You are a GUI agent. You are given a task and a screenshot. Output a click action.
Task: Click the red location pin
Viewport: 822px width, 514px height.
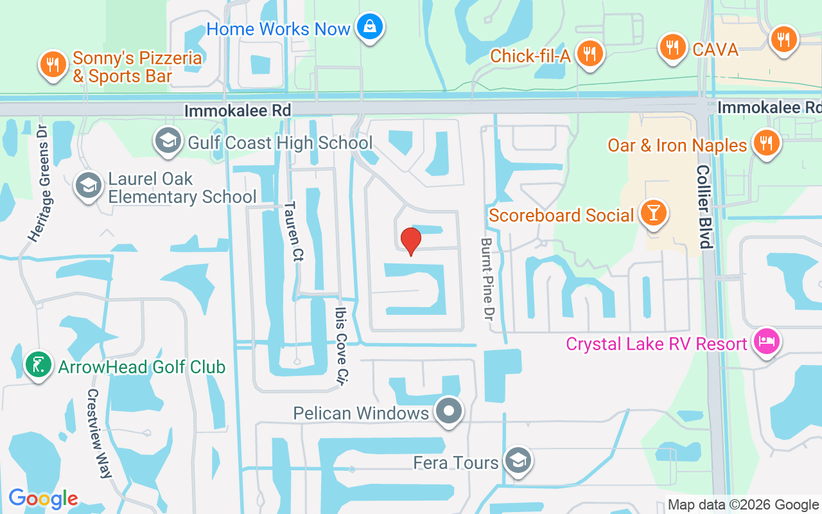point(410,242)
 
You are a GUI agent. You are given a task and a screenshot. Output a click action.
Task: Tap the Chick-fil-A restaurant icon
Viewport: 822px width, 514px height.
point(588,54)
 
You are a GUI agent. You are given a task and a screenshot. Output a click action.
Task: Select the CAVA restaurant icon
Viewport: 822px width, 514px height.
point(672,47)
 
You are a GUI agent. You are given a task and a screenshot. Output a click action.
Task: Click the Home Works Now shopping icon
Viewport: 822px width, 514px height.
point(371,27)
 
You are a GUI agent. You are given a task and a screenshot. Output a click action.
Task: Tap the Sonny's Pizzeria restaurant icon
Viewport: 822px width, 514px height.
point(53,64)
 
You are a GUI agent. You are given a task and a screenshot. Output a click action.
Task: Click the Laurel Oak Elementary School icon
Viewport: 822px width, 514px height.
point(87,186)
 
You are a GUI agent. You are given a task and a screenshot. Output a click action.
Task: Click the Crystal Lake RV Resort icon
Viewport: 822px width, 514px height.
point(767,341)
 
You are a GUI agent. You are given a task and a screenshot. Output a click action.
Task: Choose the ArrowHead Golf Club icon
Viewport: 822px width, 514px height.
point(39,365)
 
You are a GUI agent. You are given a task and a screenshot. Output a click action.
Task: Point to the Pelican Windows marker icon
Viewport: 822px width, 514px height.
point(449,411)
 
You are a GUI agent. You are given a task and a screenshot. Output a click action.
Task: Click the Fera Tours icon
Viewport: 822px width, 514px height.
point(517,461)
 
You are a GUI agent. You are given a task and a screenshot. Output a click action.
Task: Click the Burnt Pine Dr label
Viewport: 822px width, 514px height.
point(486,279)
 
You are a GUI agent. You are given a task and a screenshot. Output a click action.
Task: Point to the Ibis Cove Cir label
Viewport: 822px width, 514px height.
point(342,345)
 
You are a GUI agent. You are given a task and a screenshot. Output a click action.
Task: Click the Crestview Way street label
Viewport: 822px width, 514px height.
point(99,434)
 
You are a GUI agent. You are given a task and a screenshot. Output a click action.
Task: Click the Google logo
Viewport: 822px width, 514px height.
point(43,499)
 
